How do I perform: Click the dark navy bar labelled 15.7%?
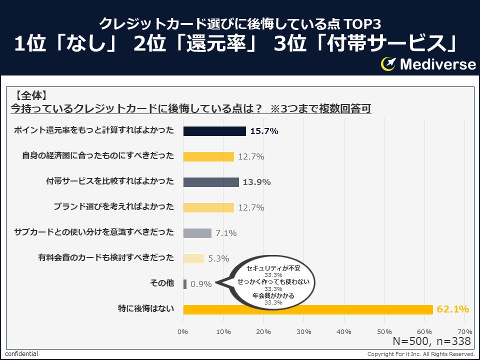coord(214,131)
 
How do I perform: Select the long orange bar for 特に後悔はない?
coord(308,309)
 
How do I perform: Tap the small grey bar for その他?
coord(185,284)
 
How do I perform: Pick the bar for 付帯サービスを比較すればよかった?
coord(211,182)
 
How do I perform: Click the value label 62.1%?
coord(453,309)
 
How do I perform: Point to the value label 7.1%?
coord(226,233)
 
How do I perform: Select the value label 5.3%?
coord(218,258)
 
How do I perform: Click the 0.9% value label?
coord(201,284)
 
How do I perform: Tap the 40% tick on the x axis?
coord(344,331)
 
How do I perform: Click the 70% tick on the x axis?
coord(465,331)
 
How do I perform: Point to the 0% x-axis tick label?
coord(183,331)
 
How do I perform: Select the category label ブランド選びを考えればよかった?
coord(113,207)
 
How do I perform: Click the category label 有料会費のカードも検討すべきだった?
coord(106,258)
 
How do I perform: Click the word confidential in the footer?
coord(21,354)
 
